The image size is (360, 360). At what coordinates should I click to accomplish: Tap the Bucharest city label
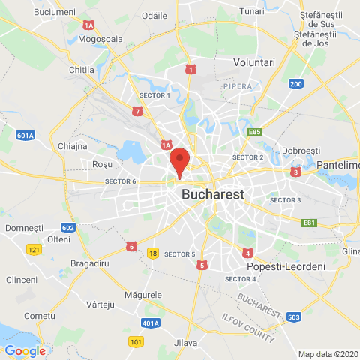pyautogui.click(x=213, y=194)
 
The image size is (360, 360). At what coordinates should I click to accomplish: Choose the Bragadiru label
pyautogui.click(x=91, y=264)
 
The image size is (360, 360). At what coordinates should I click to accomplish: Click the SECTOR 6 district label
pyautogui.click(x=121, y=182)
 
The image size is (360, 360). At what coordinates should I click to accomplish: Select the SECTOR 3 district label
pyautogui.click(x=285, y=200)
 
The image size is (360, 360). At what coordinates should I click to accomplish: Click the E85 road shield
pyautogui.click(x=255, y=132)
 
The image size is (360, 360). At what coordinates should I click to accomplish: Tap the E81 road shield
pyautogui.click(x=309, y=223)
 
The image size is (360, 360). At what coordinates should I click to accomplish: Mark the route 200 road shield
pyautogui.click(x=295, y=84)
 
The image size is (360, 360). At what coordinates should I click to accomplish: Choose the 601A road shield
pyautogui.click(x=25, y=136)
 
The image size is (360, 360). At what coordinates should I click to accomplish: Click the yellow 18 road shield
pyautogui.click(x=153, y=253)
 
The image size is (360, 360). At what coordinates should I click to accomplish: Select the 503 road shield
pyautogui.click(x=294, y=317)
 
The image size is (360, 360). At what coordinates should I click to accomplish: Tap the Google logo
pyautogui.click(x=25, y=350)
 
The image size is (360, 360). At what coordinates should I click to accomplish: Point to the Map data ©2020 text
pyautogui.click(x=328, y=354)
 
